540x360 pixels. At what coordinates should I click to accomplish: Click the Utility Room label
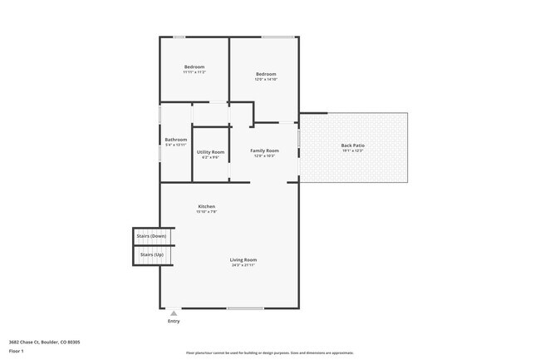tap(210, 152)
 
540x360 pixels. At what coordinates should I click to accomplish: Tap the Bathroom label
tap(175, 140)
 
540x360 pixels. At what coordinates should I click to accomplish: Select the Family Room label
tap(264, 150)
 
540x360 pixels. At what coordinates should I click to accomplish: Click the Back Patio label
tap(352, 145)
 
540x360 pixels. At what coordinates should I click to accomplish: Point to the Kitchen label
tap(206, 206)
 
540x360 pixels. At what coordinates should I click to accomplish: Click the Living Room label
tap(243, 260)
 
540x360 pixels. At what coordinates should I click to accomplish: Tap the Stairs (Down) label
tap(152, 236)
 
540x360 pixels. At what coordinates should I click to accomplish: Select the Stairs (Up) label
tap(152, 254)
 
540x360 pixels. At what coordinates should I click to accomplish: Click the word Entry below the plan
tap(174, 321)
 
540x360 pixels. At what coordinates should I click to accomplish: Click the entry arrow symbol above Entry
tap(174, 313)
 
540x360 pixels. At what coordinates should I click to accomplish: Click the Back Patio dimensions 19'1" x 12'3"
tap(352, 151)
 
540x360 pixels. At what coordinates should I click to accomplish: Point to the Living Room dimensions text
tap(243, 266)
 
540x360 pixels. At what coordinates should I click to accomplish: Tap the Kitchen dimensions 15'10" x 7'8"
tap(206, 212)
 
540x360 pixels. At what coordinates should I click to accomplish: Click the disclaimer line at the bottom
tap(270, 353)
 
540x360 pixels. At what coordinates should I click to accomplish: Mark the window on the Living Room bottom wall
tap(245, 308)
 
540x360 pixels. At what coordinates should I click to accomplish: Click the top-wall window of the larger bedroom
tap(277, 37)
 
